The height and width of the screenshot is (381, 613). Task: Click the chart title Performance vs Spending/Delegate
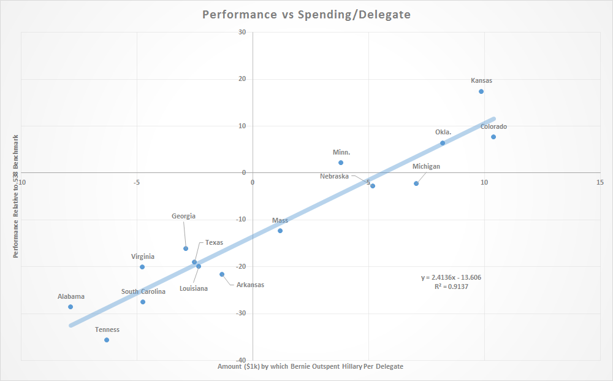point(306,14)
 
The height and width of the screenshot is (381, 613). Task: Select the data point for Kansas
point(481,91)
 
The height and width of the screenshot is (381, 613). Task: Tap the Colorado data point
point(493,137)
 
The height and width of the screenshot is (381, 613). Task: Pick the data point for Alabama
point(70,307)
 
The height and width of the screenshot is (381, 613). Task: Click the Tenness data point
point(107,340)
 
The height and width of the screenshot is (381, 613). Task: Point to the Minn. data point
point(341,163)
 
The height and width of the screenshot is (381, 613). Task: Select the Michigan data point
point(416,183)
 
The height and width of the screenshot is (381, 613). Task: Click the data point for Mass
point(280,231)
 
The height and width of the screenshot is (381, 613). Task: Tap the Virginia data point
point(142,267)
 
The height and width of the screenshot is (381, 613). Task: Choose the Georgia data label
point(183,216)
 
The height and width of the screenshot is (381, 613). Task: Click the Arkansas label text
point(250,285)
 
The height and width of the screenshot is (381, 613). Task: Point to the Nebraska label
point(334,176)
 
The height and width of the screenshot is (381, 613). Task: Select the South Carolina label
point(143,291)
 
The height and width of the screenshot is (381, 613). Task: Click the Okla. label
point(443,132)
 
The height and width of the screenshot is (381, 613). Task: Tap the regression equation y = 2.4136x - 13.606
point(451,277)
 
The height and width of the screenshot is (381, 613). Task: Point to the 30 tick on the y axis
point(242,32)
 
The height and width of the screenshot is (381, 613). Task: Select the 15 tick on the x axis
point(600,182)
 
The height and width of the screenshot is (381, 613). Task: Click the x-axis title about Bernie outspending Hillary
point(310,366)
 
